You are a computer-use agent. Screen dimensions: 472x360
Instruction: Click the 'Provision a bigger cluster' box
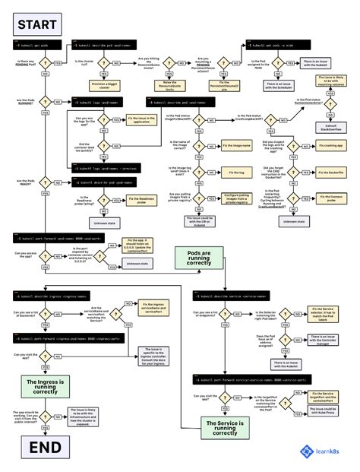click(103, 85)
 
